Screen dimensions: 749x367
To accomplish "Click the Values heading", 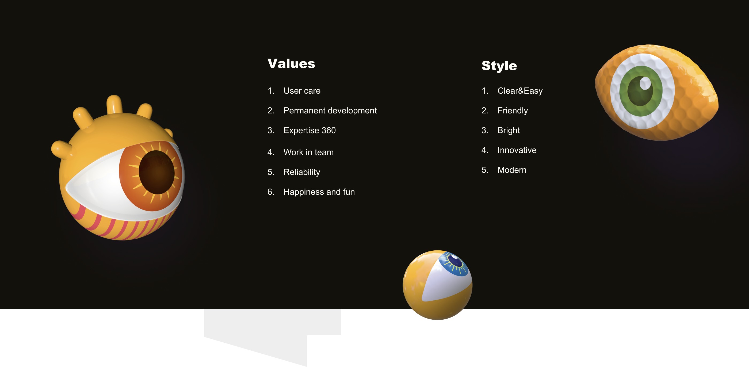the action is tap(291, 63).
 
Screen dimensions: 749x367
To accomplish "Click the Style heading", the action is tap(499, 66).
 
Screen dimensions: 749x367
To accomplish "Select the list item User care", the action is tap(302, 91).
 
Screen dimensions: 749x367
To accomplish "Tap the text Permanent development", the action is tap(330, 110).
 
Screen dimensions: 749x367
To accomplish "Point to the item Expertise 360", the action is tap(309, 130).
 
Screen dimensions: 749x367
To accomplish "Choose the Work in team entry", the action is tap(308, 152).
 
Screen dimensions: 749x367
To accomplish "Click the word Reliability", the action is tap(302, 172).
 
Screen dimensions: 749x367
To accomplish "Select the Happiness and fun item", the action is tap(319, 192).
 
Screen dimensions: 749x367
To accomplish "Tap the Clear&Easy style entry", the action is tap(520, 91).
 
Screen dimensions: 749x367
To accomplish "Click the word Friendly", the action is tap(513, 110).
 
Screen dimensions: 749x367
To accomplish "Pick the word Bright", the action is tap(509, 130).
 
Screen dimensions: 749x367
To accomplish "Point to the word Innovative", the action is tap(517, 150).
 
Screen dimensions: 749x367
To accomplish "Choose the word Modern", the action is tap(512, 170).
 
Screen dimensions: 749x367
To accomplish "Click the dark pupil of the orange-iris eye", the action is tap(156, 172).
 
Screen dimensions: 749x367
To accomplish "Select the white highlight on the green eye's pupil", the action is tap(645, 83).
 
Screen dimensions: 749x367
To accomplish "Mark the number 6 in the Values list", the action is tap(270, 192).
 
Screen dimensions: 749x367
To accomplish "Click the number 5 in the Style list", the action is tap(484, 170).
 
